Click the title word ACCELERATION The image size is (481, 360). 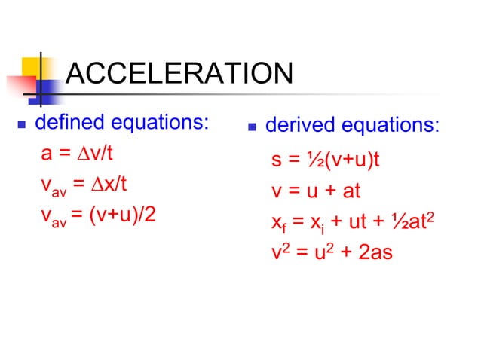click(179, 75)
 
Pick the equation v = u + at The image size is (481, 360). click(316, 191)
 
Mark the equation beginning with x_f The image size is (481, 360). click(354, 221)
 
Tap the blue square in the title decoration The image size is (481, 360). click(47, 91)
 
